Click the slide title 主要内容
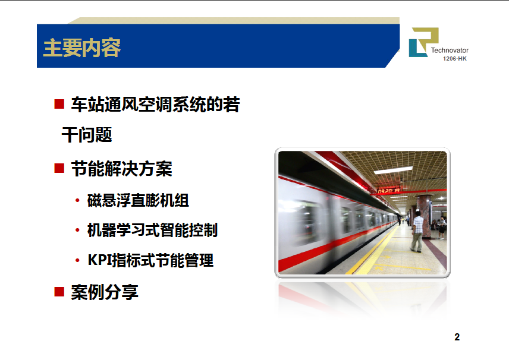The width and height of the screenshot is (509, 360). click(x=82, y=48)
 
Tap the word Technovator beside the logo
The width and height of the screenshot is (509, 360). click(x=450, y=50)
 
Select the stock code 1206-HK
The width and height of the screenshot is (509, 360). click(x=455, y=59)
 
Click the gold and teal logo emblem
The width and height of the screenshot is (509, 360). click(x=423, y=42)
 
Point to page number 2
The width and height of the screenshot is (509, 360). click(x=457, y=337)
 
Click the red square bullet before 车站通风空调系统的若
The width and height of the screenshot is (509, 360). click(x=59, y=104)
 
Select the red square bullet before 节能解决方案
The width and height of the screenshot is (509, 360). click(x=59, y=168)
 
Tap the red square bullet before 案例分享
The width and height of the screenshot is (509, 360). click(x=59, y=292)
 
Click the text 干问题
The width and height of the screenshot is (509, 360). click(x=87, y=135)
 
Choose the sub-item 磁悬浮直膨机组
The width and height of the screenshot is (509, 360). click(x=138, y=200)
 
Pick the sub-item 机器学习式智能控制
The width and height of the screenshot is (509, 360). click(x=152, y=230)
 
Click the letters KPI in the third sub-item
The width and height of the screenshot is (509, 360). click(x=99, y=260)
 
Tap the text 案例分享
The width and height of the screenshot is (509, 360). click(x=105, y=292)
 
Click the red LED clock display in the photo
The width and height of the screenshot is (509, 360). click(x=388, y=191)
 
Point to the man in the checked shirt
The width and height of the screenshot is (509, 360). click(x=417, y=231)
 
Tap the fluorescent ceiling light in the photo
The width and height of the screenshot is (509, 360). click(x=393, y=170)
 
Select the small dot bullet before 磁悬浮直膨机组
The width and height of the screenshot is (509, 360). click(x=77, y=200)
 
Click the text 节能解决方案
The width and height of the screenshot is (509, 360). click(x=121, y=169)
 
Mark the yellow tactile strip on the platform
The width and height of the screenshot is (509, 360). click(x=373, y=250)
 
